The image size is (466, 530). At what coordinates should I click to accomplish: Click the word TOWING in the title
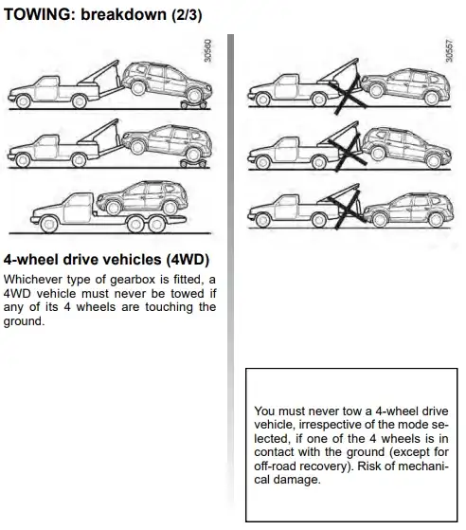39,15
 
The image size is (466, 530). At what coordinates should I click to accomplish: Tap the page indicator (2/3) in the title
187,15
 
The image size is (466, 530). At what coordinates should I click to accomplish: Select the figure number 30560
208,50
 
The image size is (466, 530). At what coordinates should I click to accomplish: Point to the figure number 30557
449,50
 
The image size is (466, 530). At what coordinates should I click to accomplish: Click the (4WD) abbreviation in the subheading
188,260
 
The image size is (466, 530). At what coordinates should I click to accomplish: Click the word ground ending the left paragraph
23,321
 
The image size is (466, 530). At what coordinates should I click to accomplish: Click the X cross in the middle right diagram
349,155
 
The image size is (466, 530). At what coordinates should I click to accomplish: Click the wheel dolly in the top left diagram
193,104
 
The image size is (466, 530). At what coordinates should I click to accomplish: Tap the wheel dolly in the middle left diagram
193,164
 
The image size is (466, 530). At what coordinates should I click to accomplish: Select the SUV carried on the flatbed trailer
141,198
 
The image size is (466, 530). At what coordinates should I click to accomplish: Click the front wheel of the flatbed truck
48,225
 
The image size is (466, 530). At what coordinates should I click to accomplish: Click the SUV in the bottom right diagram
407,210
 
